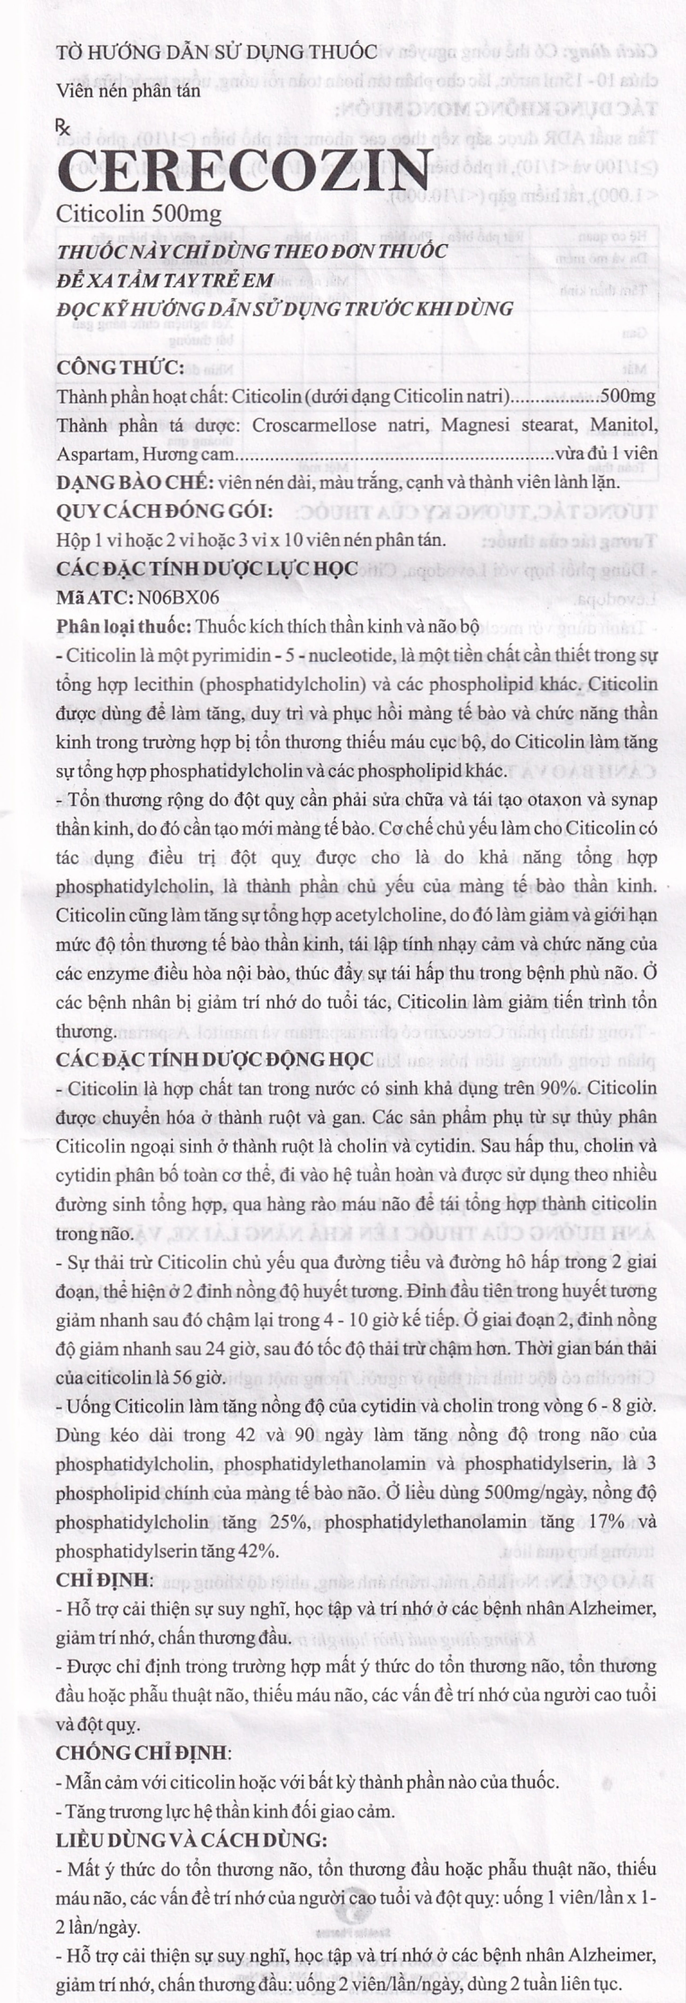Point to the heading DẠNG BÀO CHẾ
[135, 482]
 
